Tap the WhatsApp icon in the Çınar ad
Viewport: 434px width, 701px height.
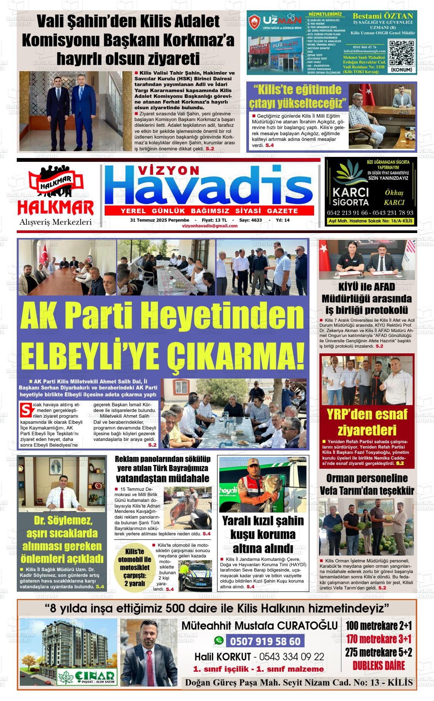[x=219, y=640]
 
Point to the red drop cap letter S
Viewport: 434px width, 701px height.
[x=26, y=410]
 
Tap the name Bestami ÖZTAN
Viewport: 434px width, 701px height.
[x=383, y=16]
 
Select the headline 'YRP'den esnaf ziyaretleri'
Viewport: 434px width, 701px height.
[x=367, y=422]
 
